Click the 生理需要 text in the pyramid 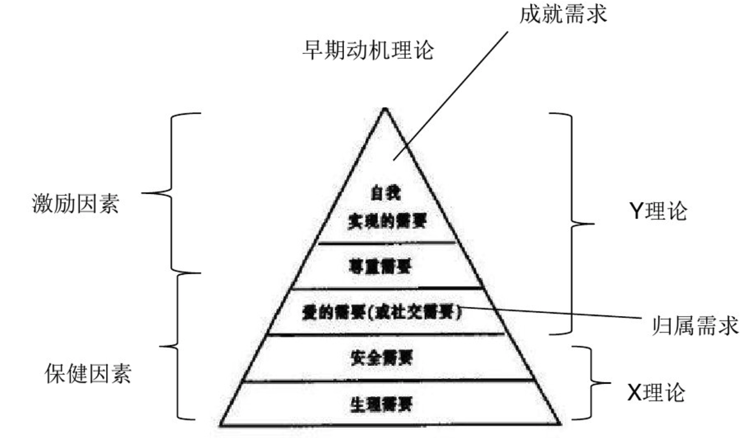(383, 403)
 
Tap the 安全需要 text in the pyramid (383, 358)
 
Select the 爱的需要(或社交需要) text (383, 313)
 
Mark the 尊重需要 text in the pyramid (382, 267)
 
